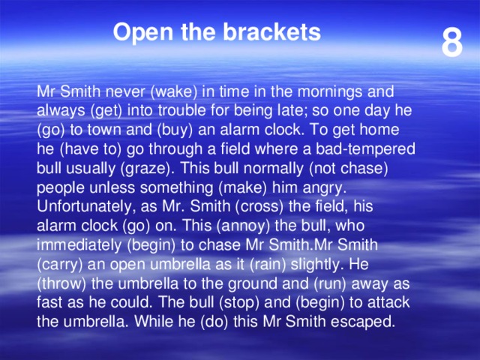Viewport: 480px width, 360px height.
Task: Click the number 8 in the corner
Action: pyautogui.click(x=451, y=43)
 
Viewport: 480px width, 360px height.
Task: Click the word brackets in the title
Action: pyautogui.click(x=271, y=32)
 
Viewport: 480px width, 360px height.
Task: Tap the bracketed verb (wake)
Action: pyautogui.click(x=174, y=92)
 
